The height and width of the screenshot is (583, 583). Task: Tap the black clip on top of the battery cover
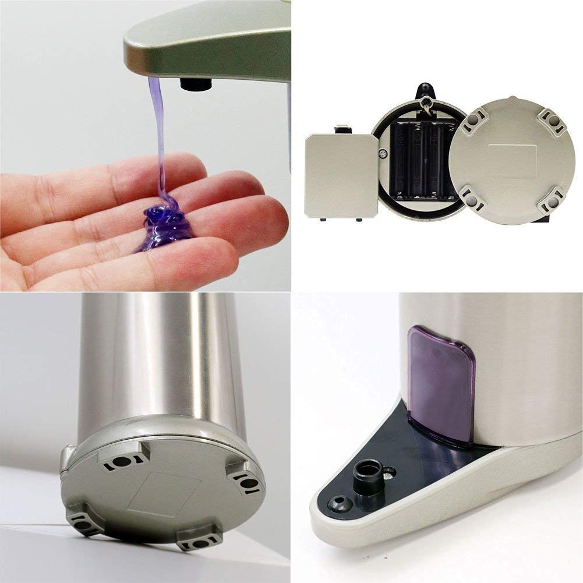342,128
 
